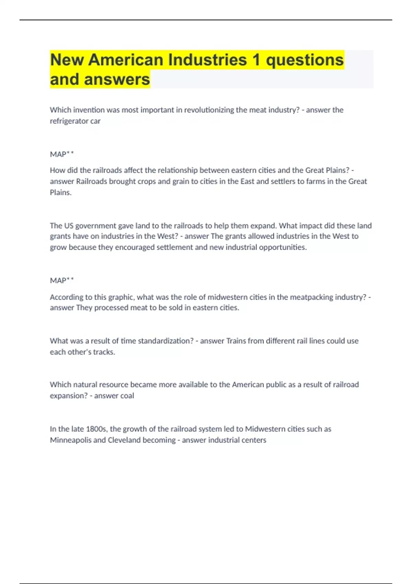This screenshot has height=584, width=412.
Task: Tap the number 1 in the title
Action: (x=256, y=60)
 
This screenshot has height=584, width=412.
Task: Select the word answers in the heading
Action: (x=117, y=79)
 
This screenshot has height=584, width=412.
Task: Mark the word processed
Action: (x=111, y=308)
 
